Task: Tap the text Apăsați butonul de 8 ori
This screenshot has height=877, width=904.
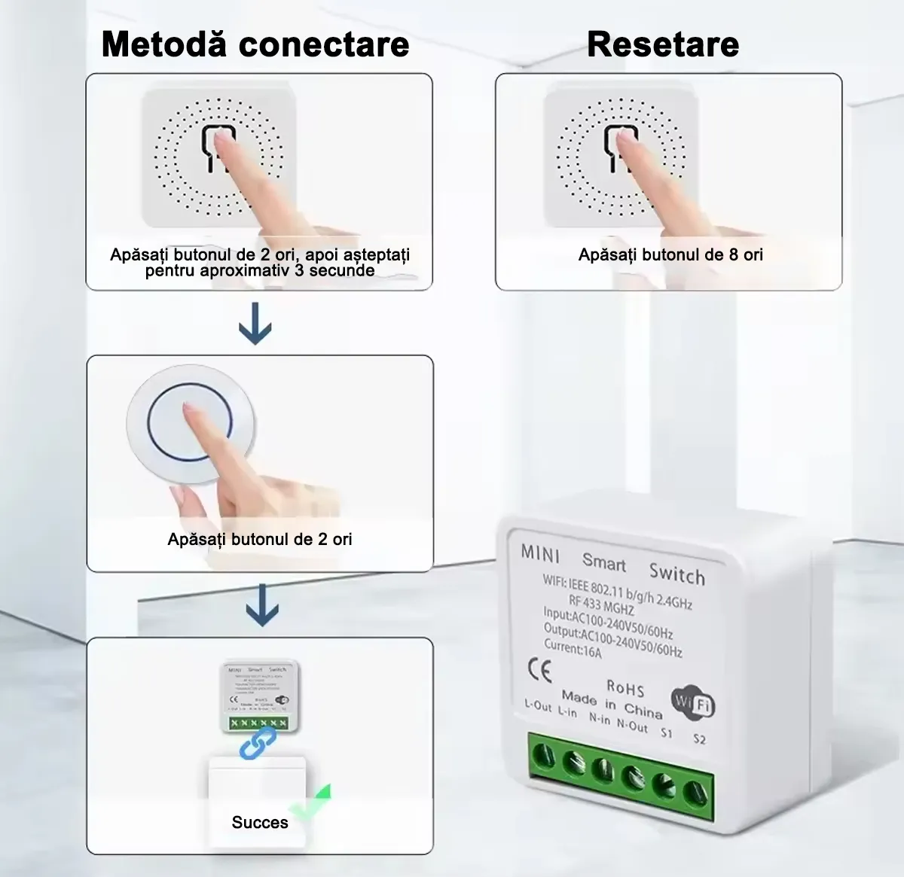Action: [670, 254]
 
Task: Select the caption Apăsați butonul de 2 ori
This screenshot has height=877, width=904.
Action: [260, 539]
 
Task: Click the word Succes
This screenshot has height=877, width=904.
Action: [260, 822]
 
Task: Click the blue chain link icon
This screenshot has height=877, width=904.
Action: [257, 742]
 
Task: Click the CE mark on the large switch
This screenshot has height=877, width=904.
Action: [539, 669]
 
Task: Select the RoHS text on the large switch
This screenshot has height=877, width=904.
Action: [625, 688]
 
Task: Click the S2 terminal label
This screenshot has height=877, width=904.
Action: [699, 738]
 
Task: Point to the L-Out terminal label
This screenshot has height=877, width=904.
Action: [538, 705]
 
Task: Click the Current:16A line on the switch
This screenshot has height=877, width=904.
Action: [573, 648]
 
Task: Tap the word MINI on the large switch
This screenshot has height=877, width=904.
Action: [540, 553]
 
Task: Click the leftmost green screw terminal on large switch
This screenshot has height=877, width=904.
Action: [543, 755]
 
